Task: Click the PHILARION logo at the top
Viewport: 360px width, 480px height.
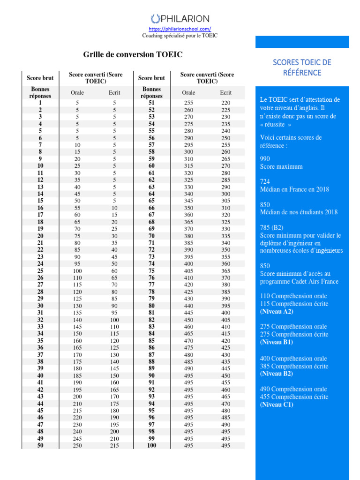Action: [x=180, y=19]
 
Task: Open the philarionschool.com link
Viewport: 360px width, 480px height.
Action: [x=180, y=29]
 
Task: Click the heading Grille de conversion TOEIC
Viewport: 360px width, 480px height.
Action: [x=133, y=55]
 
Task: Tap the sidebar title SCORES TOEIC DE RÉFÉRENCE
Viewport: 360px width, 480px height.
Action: [x=302, y=67]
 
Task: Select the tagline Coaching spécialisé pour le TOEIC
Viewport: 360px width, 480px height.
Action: [x=180, y=35]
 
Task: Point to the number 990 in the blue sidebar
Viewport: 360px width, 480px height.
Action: [x=265, y=159]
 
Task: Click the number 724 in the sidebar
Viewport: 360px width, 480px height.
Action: [x=265, y=181]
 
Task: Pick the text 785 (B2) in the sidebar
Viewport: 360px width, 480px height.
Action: [x=271, y=227]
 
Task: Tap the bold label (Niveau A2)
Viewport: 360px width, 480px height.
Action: [x=277, y=311]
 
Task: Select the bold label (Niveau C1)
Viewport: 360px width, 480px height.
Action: [x=277, y=405]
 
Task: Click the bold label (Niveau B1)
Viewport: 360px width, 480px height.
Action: [x=277, y=342]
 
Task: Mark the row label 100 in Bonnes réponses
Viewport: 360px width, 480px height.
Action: [x=151, y=445]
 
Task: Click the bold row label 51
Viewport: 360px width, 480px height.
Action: [x=151, y=103]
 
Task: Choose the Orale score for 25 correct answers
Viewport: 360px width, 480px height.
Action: [x=77, y=271]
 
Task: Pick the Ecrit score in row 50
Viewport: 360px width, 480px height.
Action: [x=114, y=445]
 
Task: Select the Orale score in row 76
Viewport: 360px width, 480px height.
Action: [x=188, y=277]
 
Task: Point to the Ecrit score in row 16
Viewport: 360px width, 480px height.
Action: [x=114, y=208]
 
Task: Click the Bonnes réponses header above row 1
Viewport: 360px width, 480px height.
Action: [x=40, y=92]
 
